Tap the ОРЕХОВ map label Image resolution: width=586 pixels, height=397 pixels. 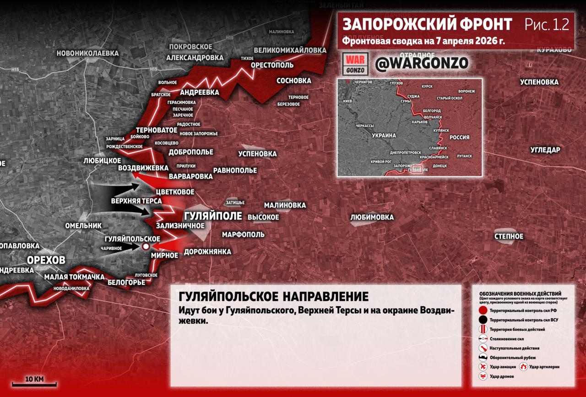(46, 260)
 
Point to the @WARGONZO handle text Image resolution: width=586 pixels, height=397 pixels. (421, 64)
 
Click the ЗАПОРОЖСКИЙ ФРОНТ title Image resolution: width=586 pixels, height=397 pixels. (427, 24)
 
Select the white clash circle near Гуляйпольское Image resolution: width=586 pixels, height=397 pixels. (146, 246)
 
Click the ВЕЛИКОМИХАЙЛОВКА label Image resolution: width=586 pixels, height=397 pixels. (290, 50)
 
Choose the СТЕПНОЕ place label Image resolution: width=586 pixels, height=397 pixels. (509, 236)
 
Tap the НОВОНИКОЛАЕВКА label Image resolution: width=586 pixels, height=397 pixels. (87, 53)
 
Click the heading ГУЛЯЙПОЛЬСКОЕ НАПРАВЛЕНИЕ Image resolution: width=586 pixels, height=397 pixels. (273, 296)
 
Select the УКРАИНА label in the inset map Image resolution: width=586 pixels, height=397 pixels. (384, 136)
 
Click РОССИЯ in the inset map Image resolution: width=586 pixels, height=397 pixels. (459, 137)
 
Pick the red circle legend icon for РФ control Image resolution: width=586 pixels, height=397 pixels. (483, 310)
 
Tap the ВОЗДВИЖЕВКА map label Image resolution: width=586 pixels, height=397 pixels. (143, 168)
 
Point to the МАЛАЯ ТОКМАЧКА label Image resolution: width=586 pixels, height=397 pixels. (74, 277)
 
